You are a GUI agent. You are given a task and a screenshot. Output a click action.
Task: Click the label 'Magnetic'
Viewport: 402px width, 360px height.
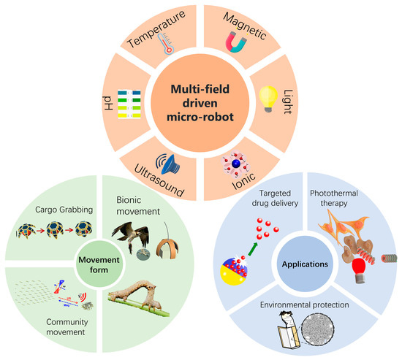(246, 26)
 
